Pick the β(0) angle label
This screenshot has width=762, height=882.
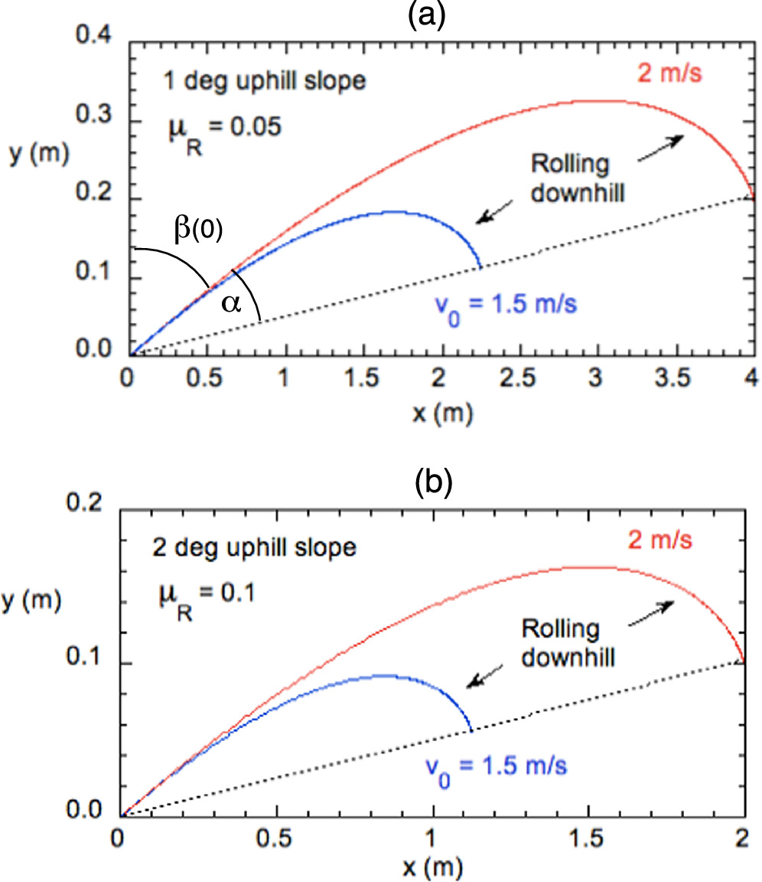pyautogui.click(x=195, y=230)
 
